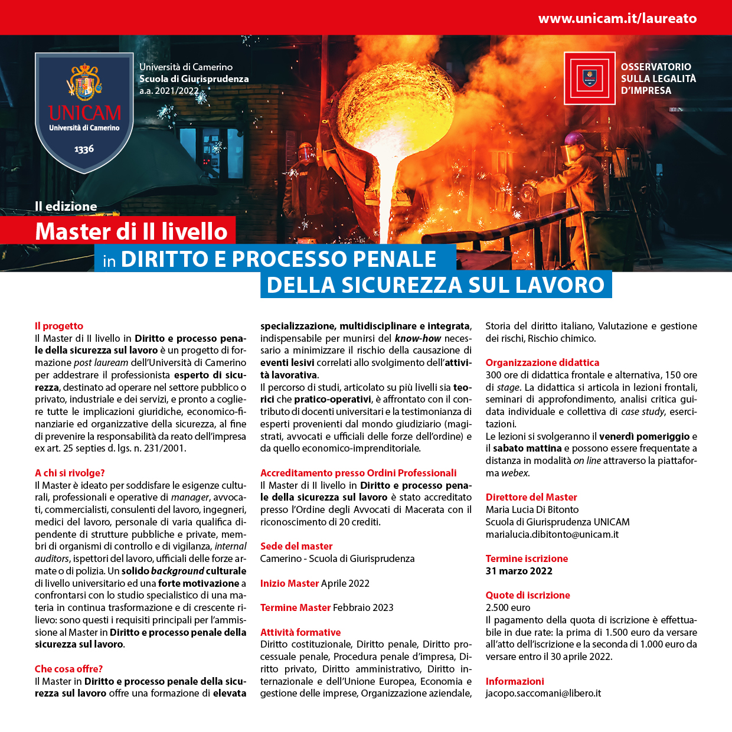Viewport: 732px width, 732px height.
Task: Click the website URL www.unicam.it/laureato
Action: click(617, 18)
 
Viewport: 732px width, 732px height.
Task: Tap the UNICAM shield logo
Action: click(84, 112)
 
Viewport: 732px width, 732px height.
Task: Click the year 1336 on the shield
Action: click(84, 149)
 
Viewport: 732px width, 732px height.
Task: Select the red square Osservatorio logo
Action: click(589, 78)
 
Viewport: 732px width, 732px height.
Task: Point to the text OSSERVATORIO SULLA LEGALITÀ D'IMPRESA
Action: click(658, 79)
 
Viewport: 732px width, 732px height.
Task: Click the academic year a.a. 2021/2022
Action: click(169, 91)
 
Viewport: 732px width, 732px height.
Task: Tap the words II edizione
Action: click(66, 207)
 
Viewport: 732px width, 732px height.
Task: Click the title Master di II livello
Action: click(131, 231)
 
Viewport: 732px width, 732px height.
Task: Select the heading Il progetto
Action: click(59, 326)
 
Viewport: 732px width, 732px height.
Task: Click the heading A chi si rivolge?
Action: click(70, 473)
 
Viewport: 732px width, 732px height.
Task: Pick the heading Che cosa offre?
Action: click(68, 669)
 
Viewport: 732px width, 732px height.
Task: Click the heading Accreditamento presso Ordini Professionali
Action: click(358, 473)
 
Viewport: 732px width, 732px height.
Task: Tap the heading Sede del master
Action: click(296, 546)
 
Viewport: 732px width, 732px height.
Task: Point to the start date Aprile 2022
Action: click(345, 583)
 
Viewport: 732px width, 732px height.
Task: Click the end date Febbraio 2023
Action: click(363, 607)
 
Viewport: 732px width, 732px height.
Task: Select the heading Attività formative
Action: click(300, 632)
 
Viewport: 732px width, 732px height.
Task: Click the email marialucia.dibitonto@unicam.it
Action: click(552, 534)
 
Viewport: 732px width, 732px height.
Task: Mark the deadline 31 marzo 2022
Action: click(519, 571)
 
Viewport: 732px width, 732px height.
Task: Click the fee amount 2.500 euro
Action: click(508, 607)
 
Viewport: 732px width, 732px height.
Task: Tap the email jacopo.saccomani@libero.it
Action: click(543, 693)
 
